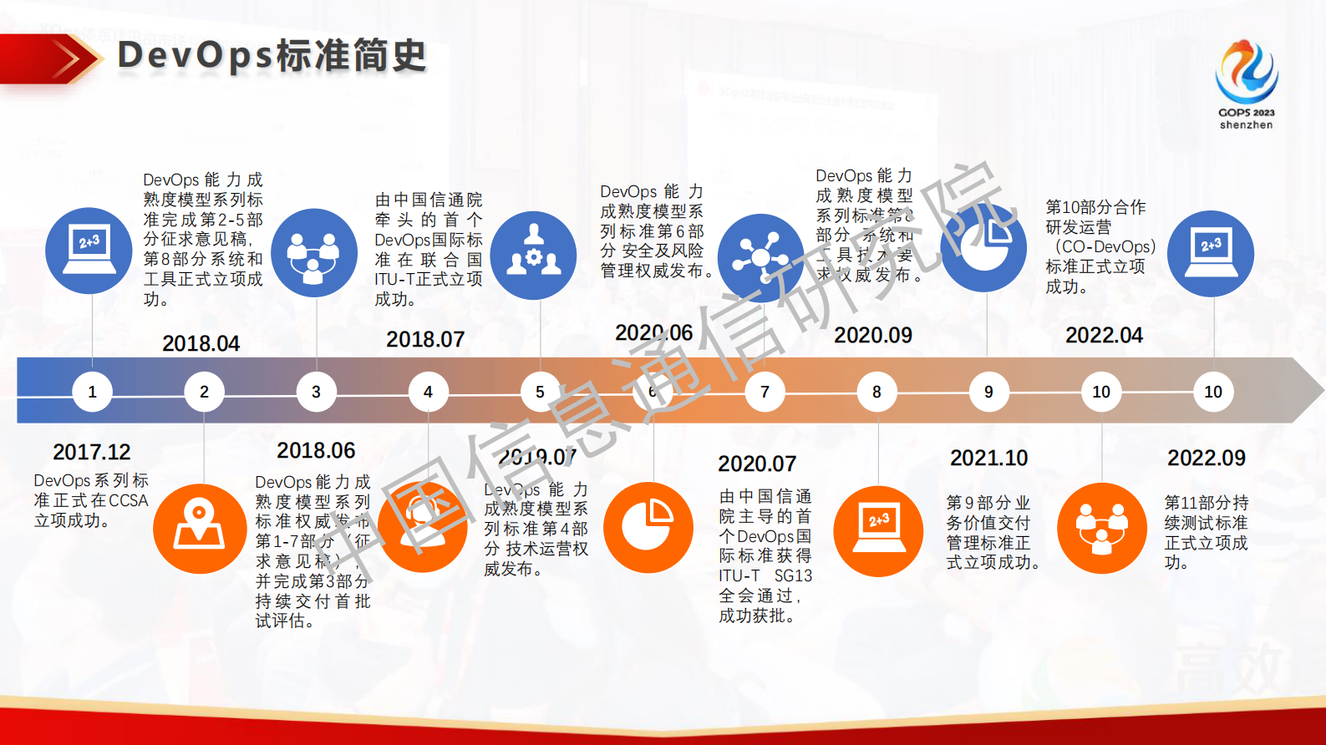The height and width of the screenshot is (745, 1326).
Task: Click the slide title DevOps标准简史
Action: tap(272, 56)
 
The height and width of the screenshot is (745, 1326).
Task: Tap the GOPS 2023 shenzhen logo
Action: tap(1246, 84)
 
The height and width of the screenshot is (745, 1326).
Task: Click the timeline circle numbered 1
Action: tap(92, 392)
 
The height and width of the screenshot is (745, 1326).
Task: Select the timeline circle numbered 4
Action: tap(428, 392)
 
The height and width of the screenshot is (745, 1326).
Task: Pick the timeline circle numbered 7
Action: tap(765, 392)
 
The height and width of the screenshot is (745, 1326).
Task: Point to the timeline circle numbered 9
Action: tap(988, 392)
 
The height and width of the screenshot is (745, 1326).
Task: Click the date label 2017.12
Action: tap(92, 452)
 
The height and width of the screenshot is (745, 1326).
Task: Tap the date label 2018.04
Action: tap(201, 343)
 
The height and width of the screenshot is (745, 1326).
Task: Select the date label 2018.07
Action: tap(425, 339)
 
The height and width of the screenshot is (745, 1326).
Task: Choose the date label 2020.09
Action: tap(873, 335)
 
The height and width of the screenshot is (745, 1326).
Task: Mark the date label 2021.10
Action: tap(988, 458)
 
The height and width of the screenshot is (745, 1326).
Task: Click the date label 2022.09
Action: tap(1206, 458)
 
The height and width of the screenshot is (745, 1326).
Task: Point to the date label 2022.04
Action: tap(1104, 335)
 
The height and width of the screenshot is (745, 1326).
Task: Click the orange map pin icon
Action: tap(199, 528)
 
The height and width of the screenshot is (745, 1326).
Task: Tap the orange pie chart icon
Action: tap(648, 528)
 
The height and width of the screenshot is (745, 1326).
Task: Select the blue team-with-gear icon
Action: tap(533, 256)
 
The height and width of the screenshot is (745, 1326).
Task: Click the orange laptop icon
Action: tap(878, 531)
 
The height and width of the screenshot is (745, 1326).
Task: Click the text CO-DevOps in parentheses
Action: tap(1106, 247)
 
